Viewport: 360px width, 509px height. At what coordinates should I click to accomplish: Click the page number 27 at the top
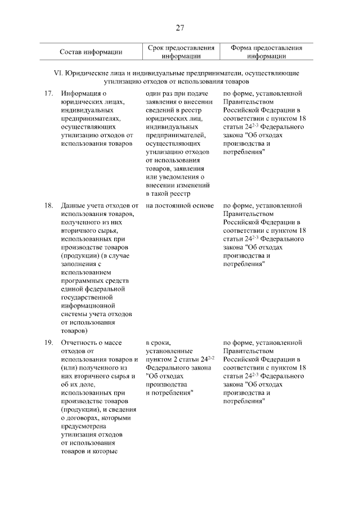[179, 28]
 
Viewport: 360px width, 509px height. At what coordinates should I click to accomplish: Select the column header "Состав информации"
[91, 52]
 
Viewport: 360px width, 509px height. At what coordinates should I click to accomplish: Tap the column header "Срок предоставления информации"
[181, 52]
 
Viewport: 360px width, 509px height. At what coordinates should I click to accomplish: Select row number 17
[48, 93]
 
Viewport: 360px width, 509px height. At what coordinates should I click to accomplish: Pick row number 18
[48, 205]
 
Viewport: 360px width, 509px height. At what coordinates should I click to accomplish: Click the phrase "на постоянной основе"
[179, 205]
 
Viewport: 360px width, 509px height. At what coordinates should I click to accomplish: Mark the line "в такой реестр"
[168, 193]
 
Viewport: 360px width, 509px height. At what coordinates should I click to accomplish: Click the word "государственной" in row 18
[88, 298]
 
